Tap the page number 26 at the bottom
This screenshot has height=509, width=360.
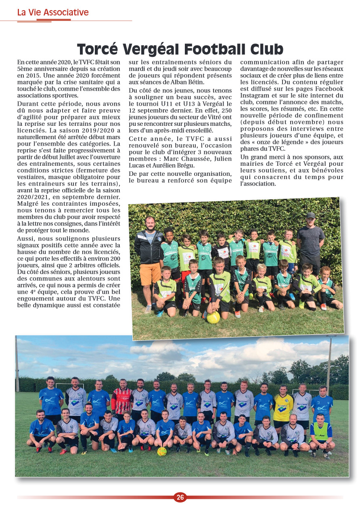point(180,497)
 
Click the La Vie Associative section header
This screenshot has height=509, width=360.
point(52,13)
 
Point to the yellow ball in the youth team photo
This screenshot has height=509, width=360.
point(213,317)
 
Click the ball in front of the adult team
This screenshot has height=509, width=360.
point(162,451)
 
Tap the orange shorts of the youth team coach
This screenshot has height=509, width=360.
point(151,273)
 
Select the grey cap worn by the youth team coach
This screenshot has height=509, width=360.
point(310,215)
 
